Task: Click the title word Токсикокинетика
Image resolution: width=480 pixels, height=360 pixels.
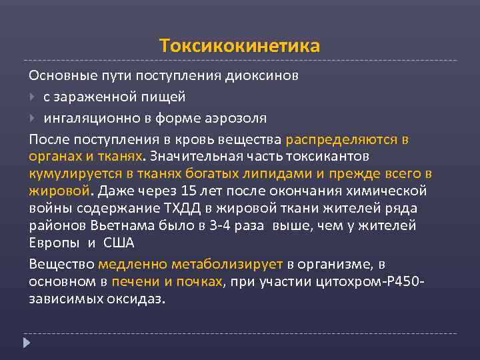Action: point(240,46)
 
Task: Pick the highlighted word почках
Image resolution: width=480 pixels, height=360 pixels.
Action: point(198,281)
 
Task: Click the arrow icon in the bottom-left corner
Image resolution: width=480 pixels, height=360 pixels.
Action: point(27,343)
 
